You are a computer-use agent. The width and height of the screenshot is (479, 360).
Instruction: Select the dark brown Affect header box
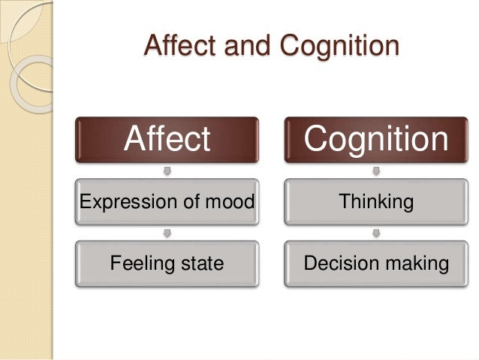click(x=167, y=139)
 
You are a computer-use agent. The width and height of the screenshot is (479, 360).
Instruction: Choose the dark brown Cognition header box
click(x=376, y=139)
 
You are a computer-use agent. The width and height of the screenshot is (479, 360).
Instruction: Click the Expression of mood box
click(x=167, y=201)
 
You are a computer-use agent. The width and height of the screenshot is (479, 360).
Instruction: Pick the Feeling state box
click(x=167, y=263)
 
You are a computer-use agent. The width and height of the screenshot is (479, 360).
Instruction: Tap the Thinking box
click(x=376, y=201)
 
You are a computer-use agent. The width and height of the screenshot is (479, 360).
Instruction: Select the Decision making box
click(x=376, y=263)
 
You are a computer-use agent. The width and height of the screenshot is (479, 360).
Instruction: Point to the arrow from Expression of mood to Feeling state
click(x=167, y=232)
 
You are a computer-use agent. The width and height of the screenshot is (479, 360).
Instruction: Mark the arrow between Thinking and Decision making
click(x=376, y=232)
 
